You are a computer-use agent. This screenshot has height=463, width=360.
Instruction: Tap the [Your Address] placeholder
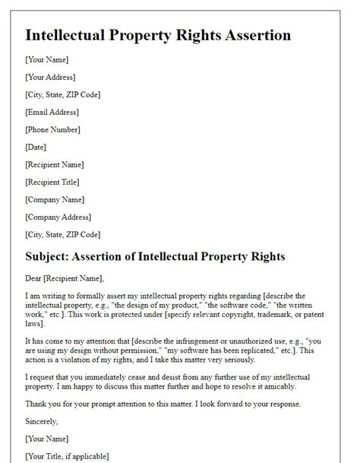click(x=50, y=77)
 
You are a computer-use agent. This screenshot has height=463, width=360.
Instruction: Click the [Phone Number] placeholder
click(x=53, y=129)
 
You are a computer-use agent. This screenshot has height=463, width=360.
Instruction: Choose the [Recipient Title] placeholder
click(x=55, y=182)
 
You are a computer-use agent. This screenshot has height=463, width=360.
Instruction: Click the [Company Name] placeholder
click(x=54, y=199)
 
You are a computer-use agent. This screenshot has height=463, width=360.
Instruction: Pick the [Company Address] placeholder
click(x=58, y=217)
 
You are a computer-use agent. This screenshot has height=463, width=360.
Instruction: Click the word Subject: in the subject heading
click(x=52, y=257)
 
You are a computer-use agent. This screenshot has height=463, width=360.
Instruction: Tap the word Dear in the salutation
click(x=34, y=279)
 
